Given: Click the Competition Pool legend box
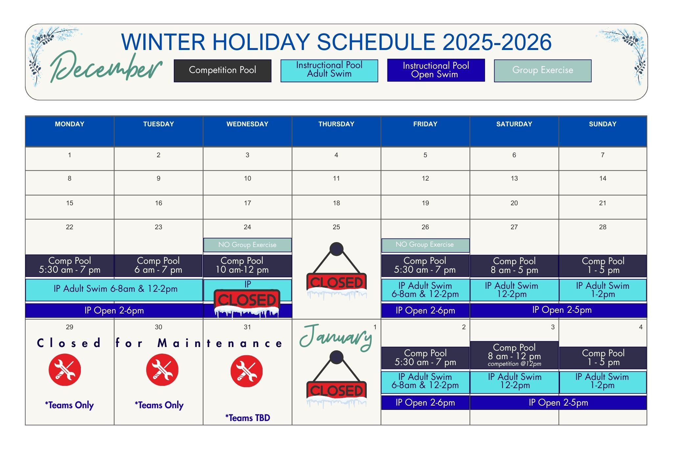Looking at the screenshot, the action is coord(222,70).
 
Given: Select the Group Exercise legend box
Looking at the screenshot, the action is coord(543,70).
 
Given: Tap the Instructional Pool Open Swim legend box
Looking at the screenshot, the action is coord(436,70).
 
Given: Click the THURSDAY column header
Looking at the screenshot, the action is coord(336,124).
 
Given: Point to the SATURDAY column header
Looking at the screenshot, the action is coord(514,124).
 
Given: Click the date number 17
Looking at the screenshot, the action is coord(247,203).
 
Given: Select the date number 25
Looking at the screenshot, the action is coord(336,227).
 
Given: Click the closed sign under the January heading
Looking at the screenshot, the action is coord(336,379).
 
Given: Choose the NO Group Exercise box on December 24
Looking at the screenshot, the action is coord(247,245).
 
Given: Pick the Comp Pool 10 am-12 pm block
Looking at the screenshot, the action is coord(247,265).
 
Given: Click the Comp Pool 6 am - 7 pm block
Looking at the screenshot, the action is coord(158,265).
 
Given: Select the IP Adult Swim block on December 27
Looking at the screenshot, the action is coord(514,290).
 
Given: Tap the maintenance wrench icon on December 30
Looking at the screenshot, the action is coord(162,369).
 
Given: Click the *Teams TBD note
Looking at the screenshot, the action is coord(247,418).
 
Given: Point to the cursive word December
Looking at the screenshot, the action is coord(106,67).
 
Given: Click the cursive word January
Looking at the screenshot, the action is coord(336,337).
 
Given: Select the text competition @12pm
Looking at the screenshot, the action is coord(514,364).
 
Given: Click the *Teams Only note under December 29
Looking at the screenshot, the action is coord(69,405).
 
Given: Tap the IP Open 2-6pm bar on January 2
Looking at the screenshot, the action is coord(425,403).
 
